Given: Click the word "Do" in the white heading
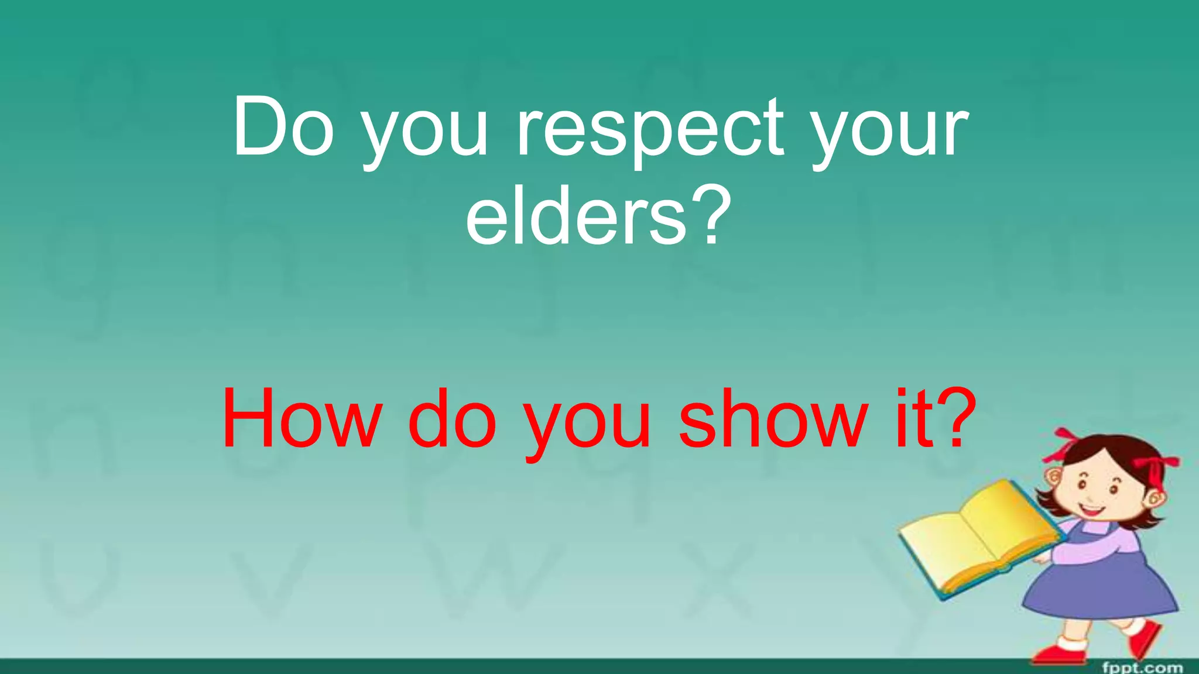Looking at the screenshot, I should (283, 128).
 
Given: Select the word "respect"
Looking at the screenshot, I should (650, 132).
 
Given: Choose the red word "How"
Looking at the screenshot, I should (302, 420).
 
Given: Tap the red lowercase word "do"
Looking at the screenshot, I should (452, 420).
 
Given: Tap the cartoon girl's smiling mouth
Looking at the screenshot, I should (1092, 508).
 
